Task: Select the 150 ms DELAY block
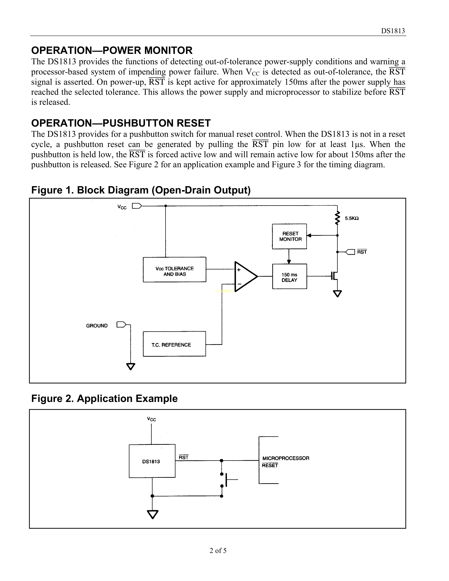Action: (x=289, y=276)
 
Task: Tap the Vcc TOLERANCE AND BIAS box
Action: (x=174, y=270)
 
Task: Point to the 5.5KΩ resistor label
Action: (x=352, y=218)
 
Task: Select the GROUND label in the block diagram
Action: (x=97, y=326)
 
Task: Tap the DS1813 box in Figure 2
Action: (x=152, y=461)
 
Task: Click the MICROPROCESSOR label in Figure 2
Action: (x=286, y=458)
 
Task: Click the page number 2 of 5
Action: (x=218, y=550)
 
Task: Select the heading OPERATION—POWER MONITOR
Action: (x=112, y=50)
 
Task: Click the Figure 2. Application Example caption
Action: (x=104, y=398)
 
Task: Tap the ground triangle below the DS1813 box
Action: (x=152, y=514)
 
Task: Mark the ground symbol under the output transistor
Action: (x=337, y=294)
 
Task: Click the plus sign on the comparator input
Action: (x=239, y=270)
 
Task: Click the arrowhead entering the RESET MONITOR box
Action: (x=309, y=235)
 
